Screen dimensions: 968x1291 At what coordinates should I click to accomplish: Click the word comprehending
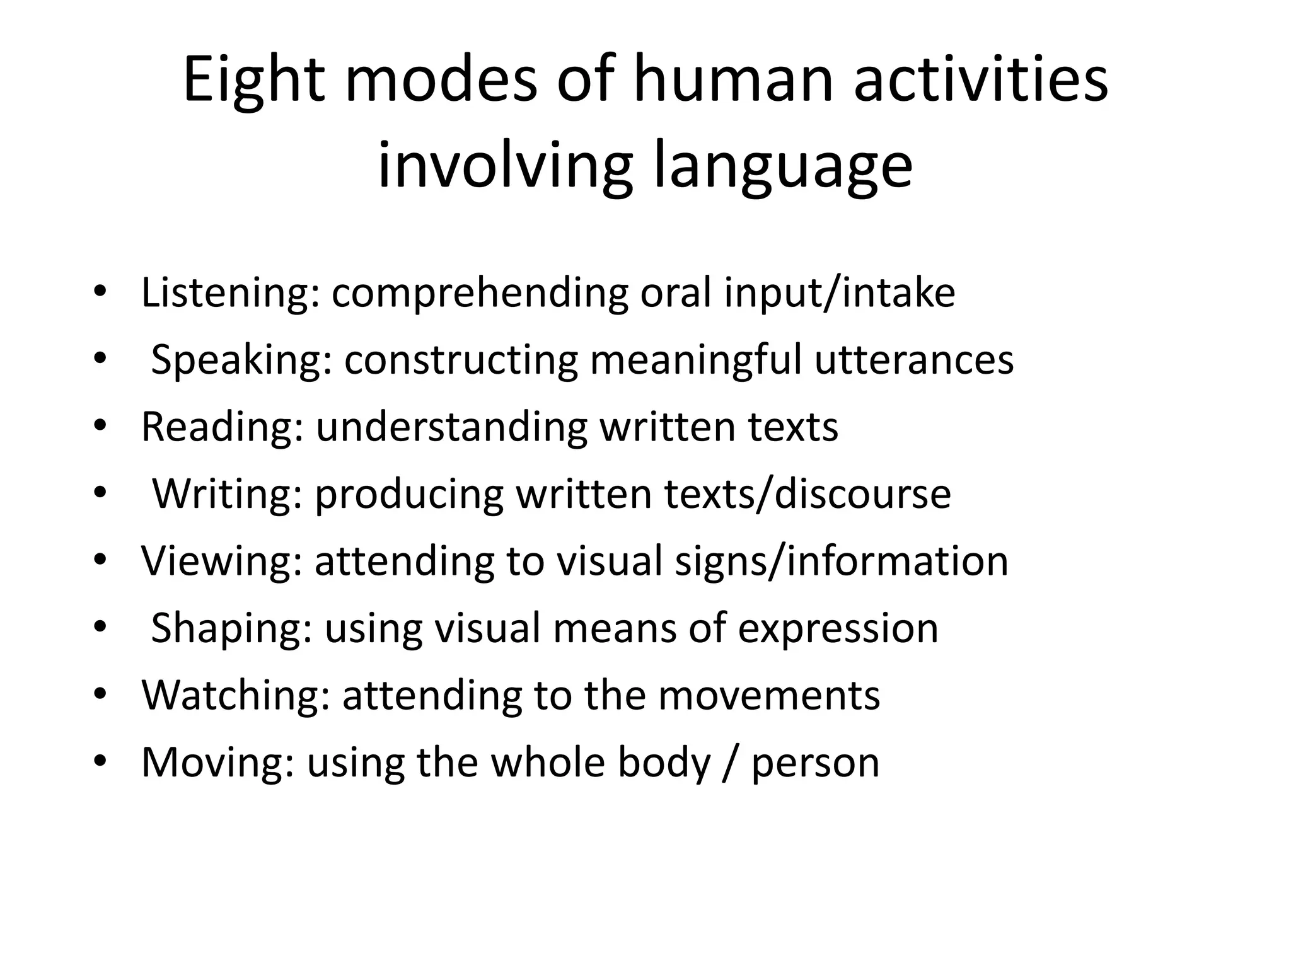click(479, 294)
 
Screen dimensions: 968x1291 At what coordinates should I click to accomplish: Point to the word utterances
click(913, 360)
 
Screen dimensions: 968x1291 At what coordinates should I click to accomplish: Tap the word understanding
click(451, 427)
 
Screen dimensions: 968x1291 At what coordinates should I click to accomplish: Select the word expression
click(838, 628)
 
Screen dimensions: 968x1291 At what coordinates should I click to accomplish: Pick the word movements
click(768, 695)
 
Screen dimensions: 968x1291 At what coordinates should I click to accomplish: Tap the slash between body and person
click(730, 763)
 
